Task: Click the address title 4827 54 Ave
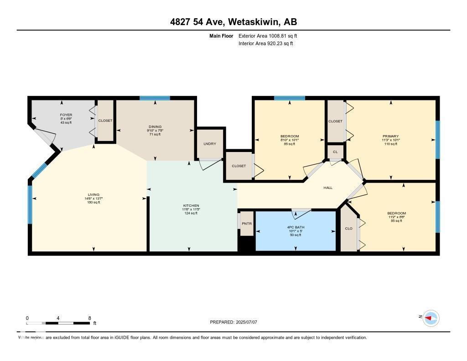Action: click(x=233, y=22)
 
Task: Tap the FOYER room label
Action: click(x=66, y=115)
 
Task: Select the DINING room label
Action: click(x=155, y=127)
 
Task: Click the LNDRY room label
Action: click(x=210, y=144)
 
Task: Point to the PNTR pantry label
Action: click(x=247, y=224)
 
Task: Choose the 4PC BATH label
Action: click(x=296, y=227)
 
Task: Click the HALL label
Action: click(x=328, y=188)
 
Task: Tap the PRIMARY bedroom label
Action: click(x=390, y=136)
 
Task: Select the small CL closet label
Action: click(x=335, y=152)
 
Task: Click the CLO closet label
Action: click(x=349, y=228)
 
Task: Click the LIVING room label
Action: click(x=93, y=195)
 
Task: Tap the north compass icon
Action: click(x=431, y=318)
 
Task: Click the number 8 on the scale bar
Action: click(x=89, y=318)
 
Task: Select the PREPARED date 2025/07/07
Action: click(x=233, y=322)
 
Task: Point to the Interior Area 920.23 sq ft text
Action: click(x=265, y=44)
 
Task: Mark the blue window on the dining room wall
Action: click(x=155, y=98)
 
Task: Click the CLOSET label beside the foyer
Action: click(x=105, y=120)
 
